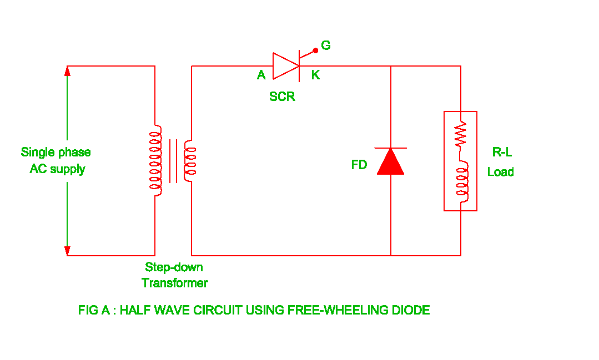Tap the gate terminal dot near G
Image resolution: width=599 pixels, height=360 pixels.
pos(315,50)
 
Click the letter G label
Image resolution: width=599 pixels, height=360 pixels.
pos(326,45)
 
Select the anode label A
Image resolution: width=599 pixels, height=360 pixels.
pos(261,75)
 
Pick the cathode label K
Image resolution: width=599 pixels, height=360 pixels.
pos(315,75)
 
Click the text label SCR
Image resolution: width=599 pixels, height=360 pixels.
pos(282,97)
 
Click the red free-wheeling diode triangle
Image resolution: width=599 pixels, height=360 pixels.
pos(391,161)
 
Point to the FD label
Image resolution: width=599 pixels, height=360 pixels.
pos(359,165)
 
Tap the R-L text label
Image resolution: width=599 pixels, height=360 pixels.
pos(502,153)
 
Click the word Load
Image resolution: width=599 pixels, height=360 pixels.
pos(500,172)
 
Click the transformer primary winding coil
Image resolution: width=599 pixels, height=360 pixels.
pos(156,161)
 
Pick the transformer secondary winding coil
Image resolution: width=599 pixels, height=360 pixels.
pos(190,161)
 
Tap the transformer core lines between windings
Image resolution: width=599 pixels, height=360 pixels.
pos(173,161)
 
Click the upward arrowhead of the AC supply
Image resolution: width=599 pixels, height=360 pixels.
pos(68,70)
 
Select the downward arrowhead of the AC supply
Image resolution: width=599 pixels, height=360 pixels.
pos(68,251)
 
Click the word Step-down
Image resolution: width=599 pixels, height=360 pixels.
pos(174,267)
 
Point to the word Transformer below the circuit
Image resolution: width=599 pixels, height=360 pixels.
pos(174,283)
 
